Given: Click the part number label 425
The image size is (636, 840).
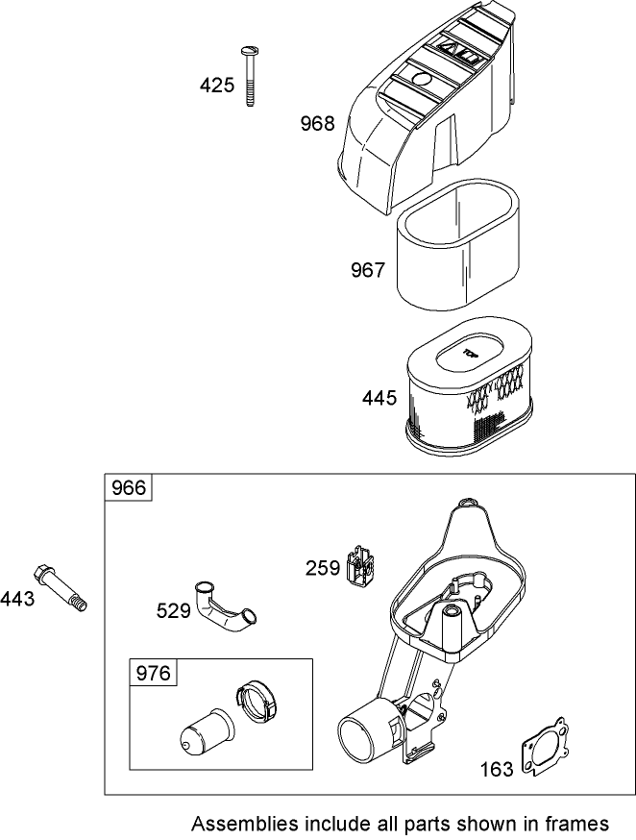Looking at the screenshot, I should tap(217, 86).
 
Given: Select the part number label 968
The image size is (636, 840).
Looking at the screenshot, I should tap(317, 123).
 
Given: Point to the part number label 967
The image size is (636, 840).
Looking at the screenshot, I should tap(367, 270).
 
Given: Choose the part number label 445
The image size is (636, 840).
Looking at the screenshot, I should tap(379, 398).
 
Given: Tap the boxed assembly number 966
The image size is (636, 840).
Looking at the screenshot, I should tap(129, 488).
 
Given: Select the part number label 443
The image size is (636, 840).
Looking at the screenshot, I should tap(17, 599).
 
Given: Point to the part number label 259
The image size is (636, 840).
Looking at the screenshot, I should tap(323, 567).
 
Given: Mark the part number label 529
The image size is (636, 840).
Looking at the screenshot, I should tap(174, 610).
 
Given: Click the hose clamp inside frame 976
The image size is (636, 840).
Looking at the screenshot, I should tap(257, 701).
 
